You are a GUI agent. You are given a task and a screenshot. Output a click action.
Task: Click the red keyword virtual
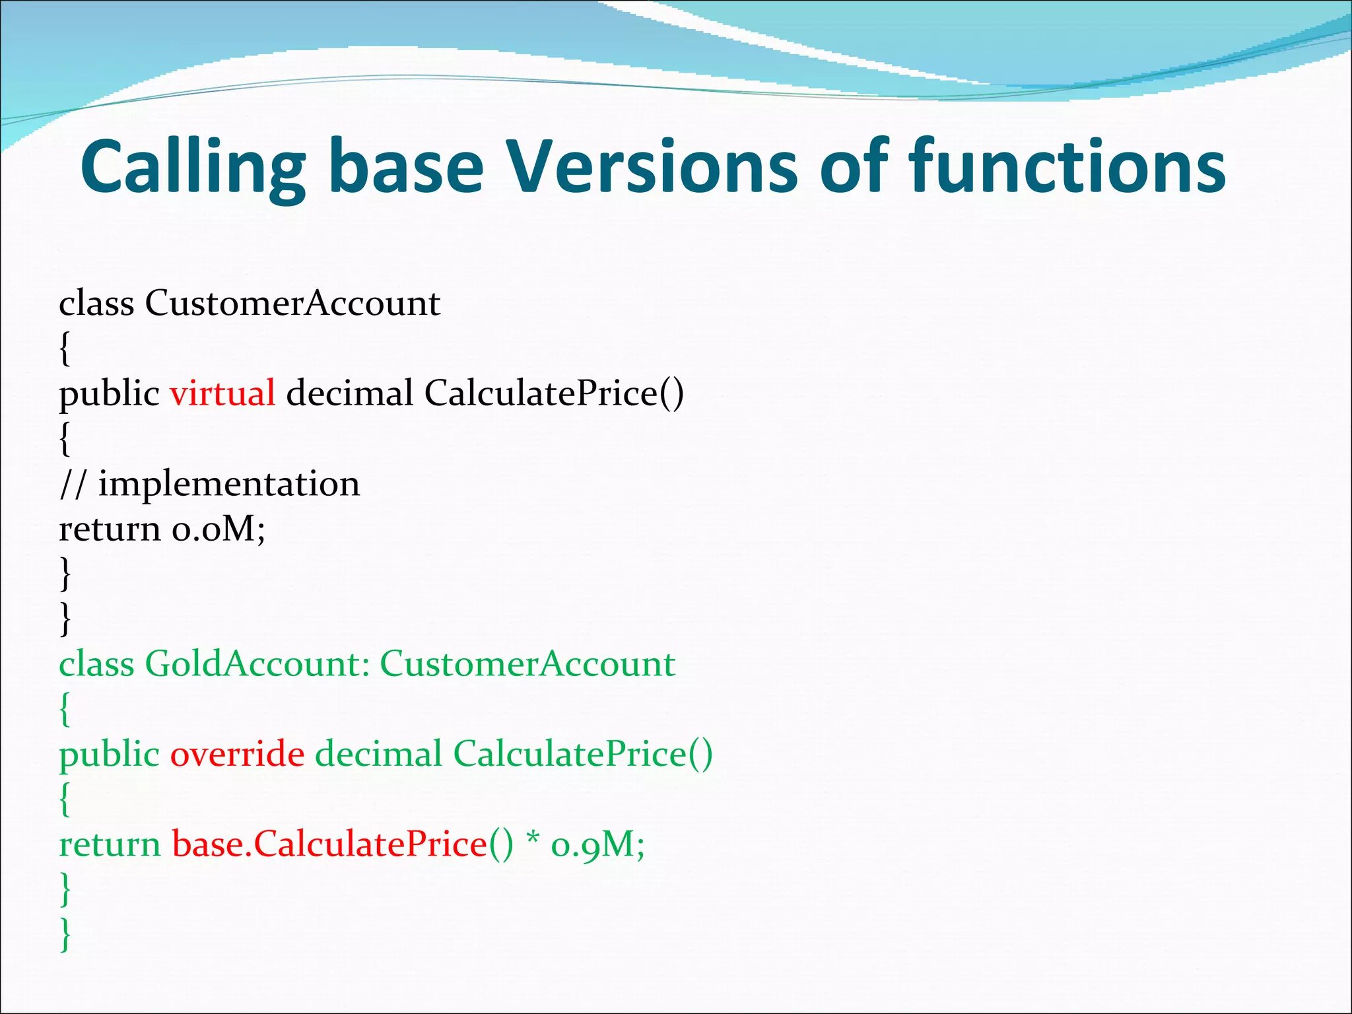(x=222, y=393)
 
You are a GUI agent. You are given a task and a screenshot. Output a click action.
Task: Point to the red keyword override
(x=238, y=754)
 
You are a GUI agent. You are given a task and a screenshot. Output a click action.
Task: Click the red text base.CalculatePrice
(x=329, y=844)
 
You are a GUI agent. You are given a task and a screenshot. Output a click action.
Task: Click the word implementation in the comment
(x=229, y=484)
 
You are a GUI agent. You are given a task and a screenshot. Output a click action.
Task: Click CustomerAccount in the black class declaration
(x=292, y=304)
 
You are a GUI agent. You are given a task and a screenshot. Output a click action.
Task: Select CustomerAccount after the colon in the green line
(x=527, y=664)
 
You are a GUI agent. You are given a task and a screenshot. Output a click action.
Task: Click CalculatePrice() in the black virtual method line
(x=554, y=393)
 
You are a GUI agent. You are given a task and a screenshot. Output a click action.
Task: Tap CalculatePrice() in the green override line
(x=583, y=754)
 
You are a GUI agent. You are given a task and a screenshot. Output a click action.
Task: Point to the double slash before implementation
(x=73, y=484)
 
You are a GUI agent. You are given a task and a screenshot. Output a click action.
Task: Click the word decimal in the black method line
(x=349, y=393)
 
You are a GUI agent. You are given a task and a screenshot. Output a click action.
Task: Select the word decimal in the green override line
(x=378, y=754)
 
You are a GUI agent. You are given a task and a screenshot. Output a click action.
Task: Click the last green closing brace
(x=65, y=934)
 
